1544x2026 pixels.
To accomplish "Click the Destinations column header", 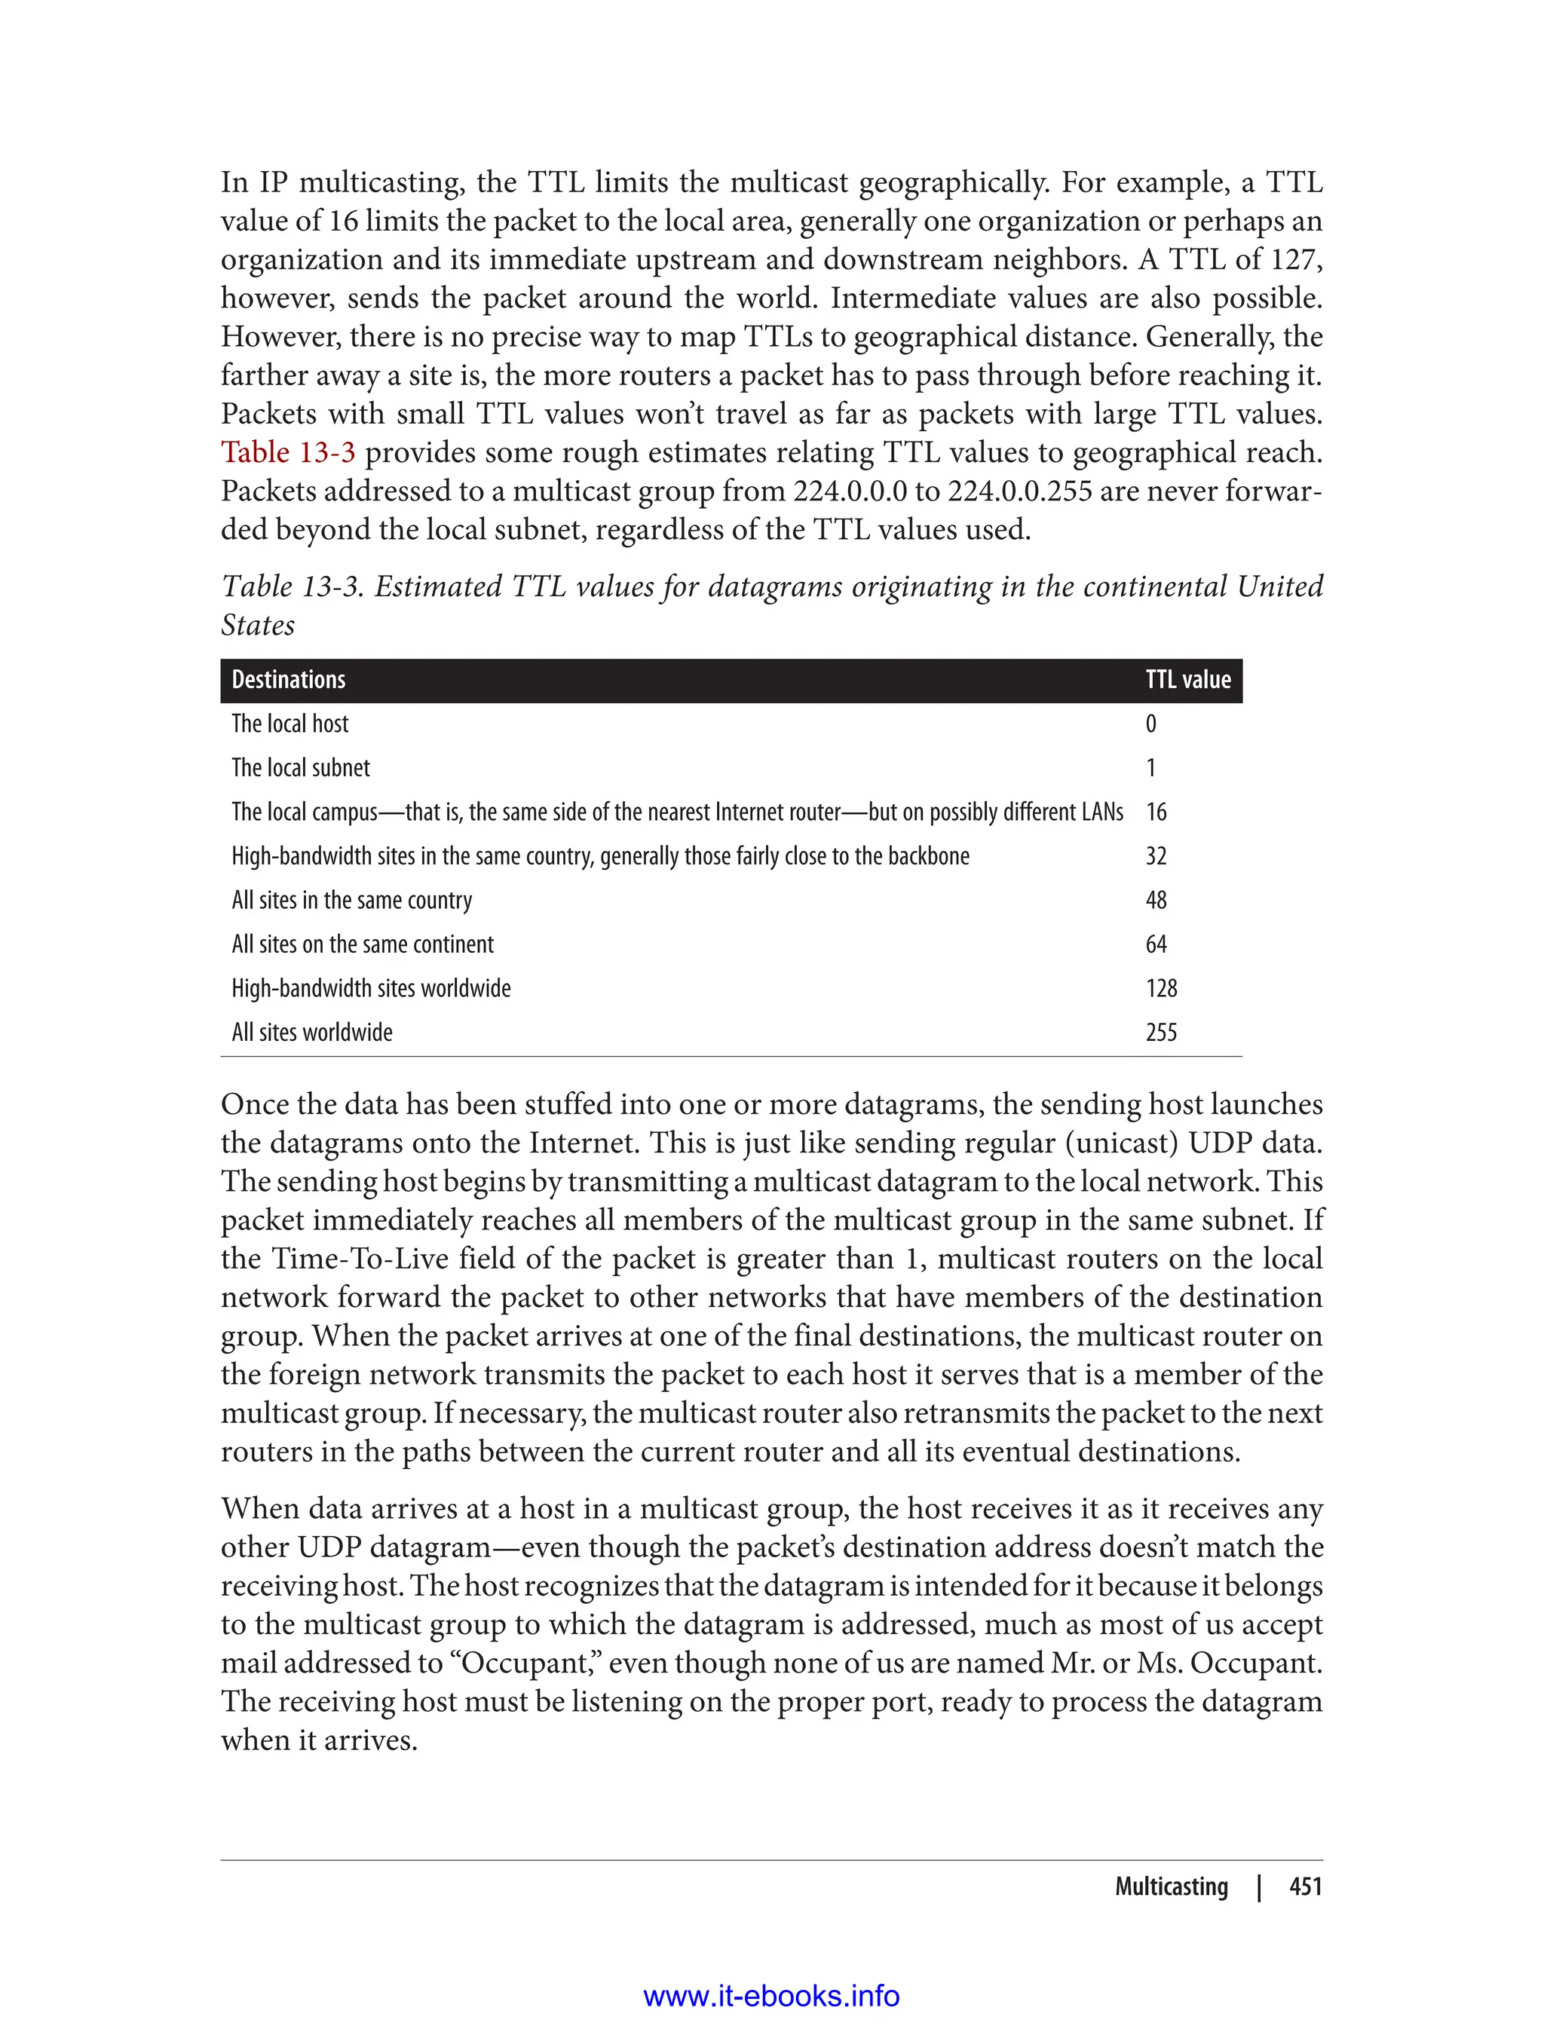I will pos(289,680).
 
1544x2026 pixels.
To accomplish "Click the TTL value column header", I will pos(1187,680).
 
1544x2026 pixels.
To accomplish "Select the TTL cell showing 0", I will pos(1150,724).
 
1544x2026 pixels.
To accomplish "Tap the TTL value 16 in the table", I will pos(1156,813).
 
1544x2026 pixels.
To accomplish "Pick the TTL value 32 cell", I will pos(1156,856).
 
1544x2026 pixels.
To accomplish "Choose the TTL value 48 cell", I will pos(1156,901).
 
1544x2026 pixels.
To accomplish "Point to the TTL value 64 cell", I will pos(1156,944).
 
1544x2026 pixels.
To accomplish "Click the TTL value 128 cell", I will pos(1161,989).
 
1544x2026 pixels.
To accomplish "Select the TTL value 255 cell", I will pos(1161,1033).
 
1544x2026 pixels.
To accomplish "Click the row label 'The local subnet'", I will pos(301,768).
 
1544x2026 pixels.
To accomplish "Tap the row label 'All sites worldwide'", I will pos(311,1033).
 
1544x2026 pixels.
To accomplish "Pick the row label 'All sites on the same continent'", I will pos(362,944).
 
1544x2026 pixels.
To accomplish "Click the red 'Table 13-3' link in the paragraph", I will pos(288,453).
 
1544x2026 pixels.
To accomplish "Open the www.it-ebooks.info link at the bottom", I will pos(771,1996).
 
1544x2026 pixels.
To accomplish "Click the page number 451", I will pos(1305,1887).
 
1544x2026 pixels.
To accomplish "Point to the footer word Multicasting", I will pos(1171,1887).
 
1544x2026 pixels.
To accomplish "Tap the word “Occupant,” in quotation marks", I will pos(525,1663).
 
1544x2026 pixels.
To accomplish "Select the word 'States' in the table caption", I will pos(259,626).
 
